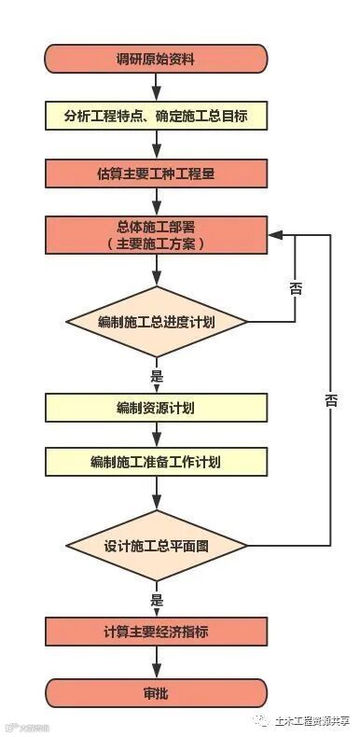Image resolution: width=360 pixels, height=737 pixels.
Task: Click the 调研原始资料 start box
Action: point(156,59)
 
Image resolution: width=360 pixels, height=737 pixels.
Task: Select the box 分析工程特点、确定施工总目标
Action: point(156,116)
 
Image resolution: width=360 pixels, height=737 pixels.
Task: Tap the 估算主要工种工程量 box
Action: point(156,174)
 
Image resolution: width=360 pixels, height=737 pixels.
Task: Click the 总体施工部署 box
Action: point(156,235)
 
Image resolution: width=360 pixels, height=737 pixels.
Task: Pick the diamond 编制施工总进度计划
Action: point(156,322)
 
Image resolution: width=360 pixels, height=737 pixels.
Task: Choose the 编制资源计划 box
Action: point(156,408)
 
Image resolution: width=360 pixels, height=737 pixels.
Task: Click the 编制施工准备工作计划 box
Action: point(156,462)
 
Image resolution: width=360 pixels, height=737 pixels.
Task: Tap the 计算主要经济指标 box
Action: point(156,632)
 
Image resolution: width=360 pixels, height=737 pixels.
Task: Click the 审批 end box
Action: point(156,693)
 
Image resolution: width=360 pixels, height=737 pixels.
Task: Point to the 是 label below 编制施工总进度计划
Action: point(156,377)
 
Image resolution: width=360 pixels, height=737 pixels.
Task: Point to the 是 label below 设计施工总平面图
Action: point(156,600)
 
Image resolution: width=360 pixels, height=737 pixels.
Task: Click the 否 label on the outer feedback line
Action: point(331,400)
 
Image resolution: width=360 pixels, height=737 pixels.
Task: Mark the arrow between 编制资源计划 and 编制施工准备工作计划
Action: point(156,435)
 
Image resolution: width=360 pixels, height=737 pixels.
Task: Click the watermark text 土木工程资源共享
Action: point(310,719)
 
